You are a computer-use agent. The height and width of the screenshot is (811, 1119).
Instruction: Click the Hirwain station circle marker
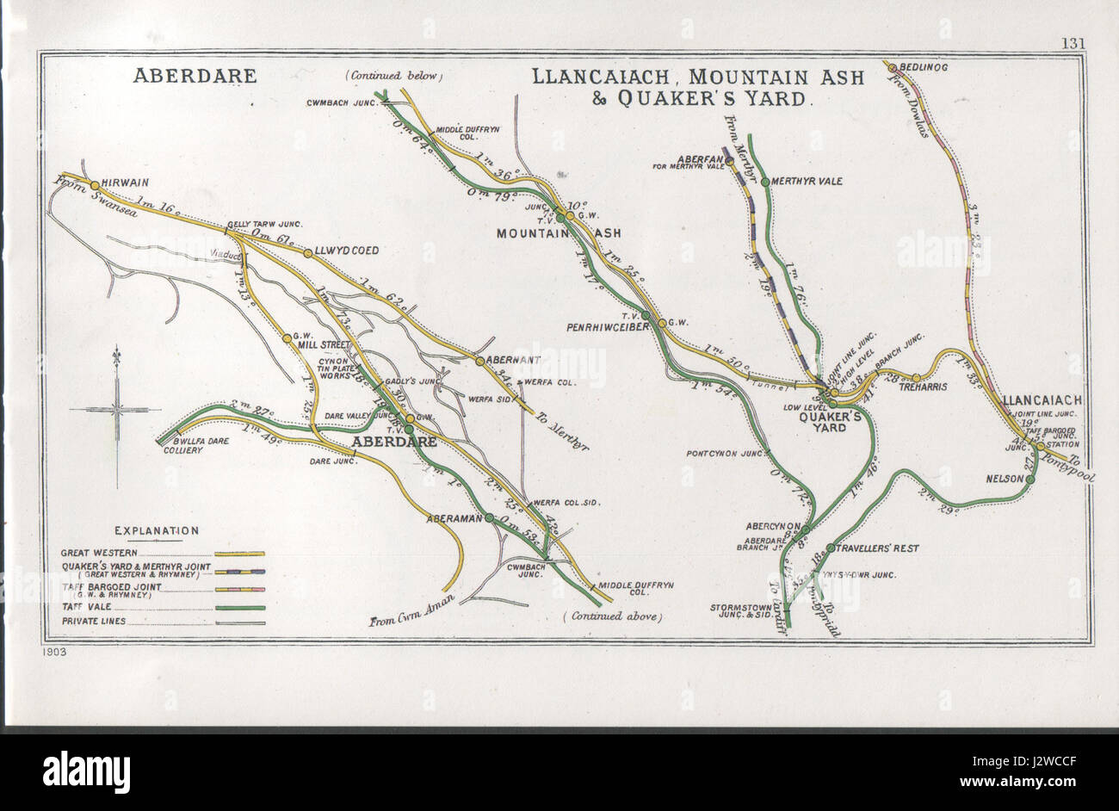[95, 184]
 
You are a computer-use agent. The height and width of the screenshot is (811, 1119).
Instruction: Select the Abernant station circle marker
[480, 361]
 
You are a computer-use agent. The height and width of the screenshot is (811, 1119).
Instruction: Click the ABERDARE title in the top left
[195, 76]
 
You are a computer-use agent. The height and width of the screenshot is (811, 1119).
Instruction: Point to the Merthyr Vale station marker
[764, 182]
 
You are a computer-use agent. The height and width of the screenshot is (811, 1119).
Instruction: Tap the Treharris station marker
[916, 378]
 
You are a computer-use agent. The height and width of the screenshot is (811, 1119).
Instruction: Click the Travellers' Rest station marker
[830, 548]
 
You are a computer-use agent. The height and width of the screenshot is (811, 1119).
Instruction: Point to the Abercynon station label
[774, 527]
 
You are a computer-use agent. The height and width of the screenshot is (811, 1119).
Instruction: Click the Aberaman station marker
[489, 518]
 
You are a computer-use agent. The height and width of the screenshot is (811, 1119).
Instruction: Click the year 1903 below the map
[53, 652]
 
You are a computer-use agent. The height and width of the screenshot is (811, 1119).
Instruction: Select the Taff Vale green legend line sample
[240, 608]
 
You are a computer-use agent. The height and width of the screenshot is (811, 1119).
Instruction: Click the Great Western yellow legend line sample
[240, 554]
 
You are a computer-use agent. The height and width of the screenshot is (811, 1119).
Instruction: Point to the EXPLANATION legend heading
[156, 530]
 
